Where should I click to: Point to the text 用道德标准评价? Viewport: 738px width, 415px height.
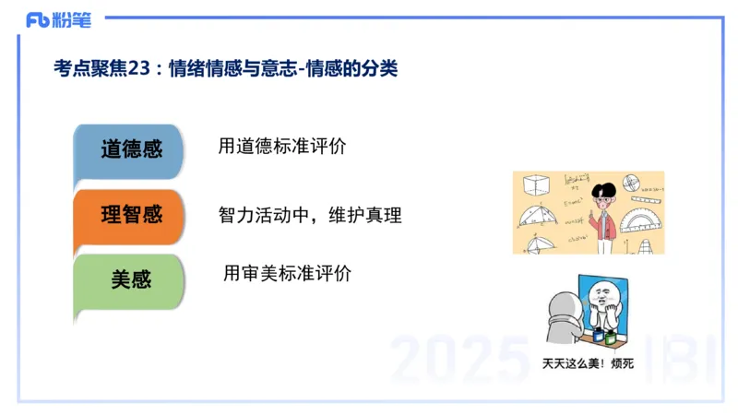[281, 147]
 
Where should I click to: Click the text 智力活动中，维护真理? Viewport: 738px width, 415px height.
[310, 215]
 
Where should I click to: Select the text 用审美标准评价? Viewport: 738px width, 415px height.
[287, 274]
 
